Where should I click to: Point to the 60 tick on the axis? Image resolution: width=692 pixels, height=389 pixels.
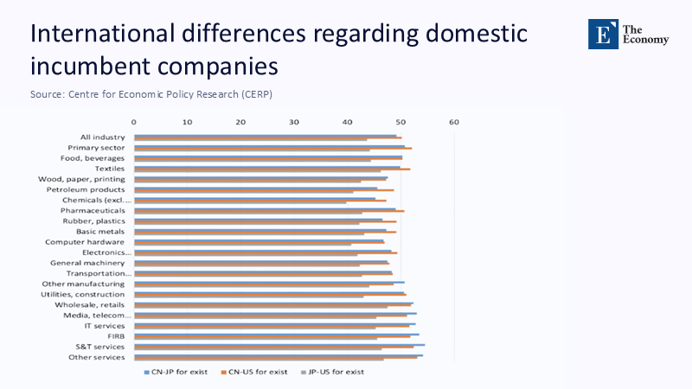coord(453,122)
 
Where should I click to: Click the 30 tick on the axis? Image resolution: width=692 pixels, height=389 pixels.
coord(294,122)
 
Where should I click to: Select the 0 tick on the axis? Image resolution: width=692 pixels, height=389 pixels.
coord(134,122)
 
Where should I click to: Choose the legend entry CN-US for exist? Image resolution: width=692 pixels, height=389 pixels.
coord(259,372)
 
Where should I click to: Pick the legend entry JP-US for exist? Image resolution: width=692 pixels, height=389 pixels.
coord(336,372)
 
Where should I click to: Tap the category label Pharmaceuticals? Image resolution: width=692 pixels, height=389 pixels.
coord(93,211)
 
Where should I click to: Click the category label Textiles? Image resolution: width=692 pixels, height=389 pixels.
coord(110,169)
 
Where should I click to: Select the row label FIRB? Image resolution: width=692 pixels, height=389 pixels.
coord(116,335)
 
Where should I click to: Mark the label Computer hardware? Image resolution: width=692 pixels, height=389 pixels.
coord(85,242)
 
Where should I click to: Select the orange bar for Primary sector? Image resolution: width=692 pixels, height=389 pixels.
coord(272,149)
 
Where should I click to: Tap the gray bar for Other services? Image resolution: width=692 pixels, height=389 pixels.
coord(259,360)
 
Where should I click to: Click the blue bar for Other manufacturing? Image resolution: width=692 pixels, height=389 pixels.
coord(269,282)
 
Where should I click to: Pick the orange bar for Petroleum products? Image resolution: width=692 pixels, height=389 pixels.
coord(264,190)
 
